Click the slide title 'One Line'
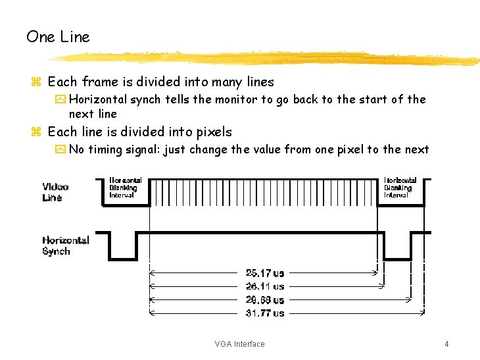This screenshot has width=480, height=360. [58, 37]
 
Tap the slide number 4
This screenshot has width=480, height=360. [446, 344]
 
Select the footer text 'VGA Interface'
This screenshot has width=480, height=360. [239, 344]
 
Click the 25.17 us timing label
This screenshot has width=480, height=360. [265, 273]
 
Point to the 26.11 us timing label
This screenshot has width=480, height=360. [265, 286]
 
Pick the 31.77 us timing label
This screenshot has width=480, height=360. [265, 313]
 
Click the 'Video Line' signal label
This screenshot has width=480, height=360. [55, 192]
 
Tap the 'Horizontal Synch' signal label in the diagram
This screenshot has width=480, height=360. [65, 245]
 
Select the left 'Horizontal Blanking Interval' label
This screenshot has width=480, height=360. [125, 188]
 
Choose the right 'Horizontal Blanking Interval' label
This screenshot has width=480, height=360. [400, 188]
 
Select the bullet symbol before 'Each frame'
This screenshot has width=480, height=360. [36, 82]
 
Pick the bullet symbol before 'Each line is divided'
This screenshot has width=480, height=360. [36, 132]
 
